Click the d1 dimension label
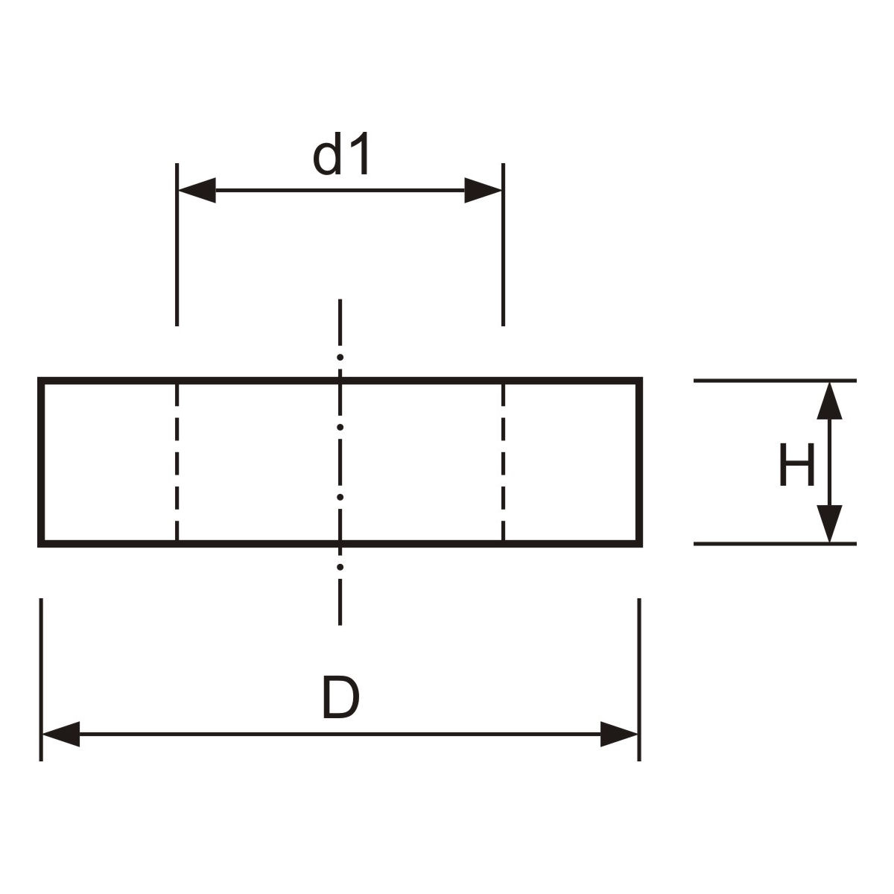341,157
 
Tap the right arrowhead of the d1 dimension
484,191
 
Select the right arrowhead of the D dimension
619,735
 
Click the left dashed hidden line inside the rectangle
177,462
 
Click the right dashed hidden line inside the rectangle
504,462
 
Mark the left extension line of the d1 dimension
177,246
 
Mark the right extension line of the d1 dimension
504,246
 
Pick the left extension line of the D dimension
41,678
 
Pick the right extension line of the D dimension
639,678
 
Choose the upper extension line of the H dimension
775,381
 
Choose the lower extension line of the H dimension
775,544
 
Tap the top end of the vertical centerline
340,301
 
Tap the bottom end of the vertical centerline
340,623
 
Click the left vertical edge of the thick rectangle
41,462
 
